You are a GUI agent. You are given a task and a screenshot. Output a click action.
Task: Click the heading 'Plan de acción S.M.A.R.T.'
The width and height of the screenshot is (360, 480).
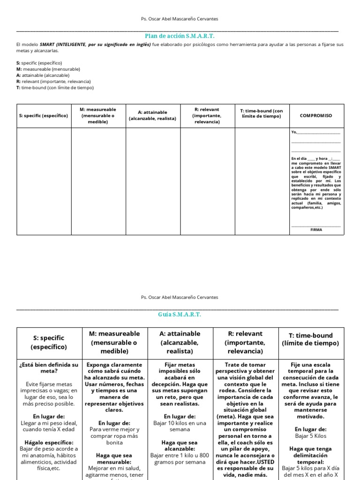180,36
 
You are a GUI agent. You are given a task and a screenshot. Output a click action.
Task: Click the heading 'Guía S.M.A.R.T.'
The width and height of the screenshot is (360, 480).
180,315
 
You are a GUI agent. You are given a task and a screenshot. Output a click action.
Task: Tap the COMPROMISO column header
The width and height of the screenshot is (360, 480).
316,115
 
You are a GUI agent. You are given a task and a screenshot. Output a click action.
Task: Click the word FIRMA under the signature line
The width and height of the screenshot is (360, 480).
316,230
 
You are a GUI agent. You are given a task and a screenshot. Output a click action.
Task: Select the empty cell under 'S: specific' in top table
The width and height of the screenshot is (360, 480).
44,181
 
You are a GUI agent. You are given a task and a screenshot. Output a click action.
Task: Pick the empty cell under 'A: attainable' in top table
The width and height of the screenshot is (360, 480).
153,181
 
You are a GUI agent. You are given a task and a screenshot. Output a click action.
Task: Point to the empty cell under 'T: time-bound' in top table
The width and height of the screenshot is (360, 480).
262,181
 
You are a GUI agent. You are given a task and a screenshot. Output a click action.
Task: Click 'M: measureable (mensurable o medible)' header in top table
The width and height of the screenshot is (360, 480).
98,115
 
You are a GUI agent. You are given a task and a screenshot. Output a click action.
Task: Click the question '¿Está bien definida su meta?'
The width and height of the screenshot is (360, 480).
49,368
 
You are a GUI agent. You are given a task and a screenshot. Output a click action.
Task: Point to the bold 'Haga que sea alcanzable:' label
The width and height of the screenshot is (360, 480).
180,445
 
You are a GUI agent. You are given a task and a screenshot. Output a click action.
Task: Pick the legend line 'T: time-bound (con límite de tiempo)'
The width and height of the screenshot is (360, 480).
55,88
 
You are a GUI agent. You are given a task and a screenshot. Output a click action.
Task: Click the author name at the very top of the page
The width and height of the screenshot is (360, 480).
180,19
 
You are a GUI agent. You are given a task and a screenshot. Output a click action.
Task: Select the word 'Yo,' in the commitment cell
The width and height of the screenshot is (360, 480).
294,132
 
